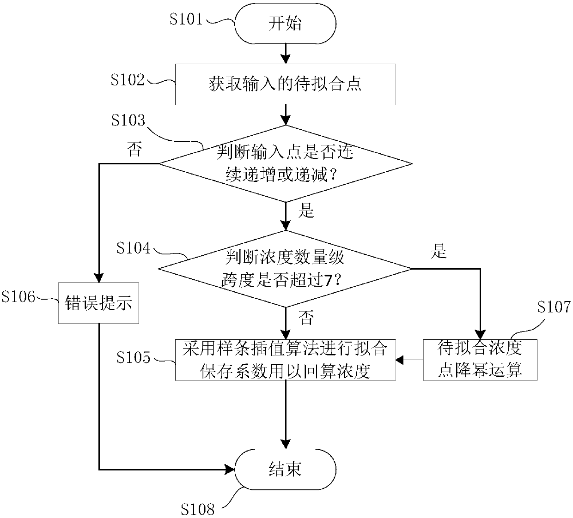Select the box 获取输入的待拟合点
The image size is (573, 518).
tap(285, 84)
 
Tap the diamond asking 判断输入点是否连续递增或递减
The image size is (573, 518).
tap(285, 163)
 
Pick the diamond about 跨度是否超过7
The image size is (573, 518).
tap(285, 269)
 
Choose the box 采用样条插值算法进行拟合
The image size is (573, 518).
tap(285, 360)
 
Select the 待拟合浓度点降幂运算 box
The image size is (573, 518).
tap(480, 360)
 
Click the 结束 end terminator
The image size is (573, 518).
tap(285, 470)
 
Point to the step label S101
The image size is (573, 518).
tap(186, 19)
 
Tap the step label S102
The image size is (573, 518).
tap(128, 79)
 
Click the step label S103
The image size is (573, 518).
tap(128, 120)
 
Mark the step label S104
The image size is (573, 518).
tap(134, 248)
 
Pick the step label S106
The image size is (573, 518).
tap(18, 297)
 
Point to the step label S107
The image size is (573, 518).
tap(554, 307)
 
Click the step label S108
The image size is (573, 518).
tap(197, 509)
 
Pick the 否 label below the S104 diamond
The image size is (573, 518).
tap(305, 318)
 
